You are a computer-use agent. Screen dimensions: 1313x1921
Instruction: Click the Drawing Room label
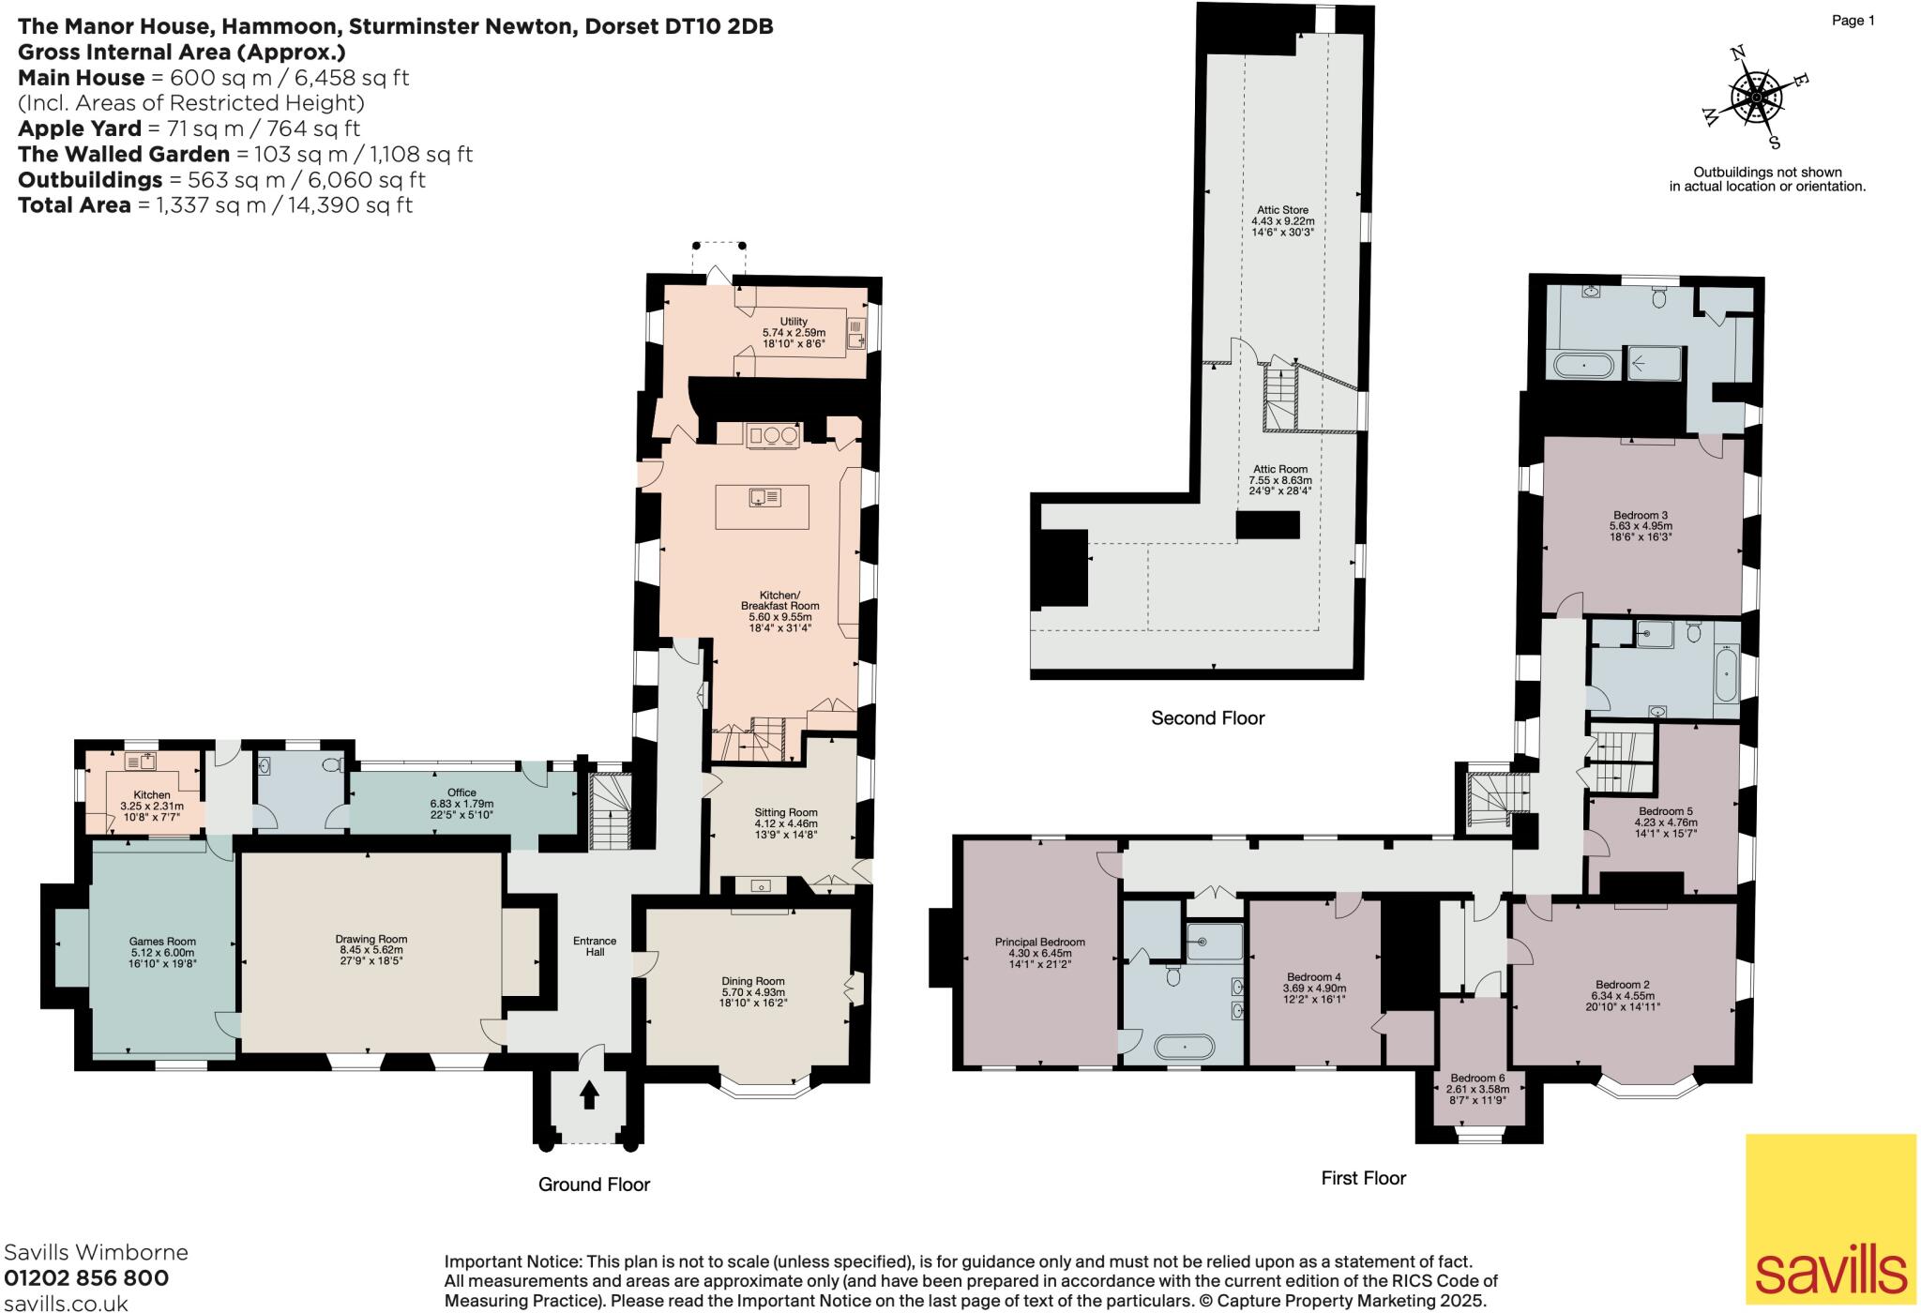coord(371,939)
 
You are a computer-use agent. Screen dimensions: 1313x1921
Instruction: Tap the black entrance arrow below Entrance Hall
coord(590,1095)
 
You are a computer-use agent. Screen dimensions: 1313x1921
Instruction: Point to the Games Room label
coord(162,941)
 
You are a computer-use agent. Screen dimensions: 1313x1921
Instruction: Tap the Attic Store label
coord(1282,210)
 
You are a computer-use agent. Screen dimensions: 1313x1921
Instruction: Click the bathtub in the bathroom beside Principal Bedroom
coord(1184,1046)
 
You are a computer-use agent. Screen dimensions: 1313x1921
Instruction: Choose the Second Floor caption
coord(1208,718)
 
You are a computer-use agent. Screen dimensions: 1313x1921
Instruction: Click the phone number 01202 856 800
coord(87,1278)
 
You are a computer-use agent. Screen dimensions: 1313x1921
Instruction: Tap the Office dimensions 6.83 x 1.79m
coord(461,804)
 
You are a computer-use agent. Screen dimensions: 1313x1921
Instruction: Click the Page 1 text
coord(1853,21)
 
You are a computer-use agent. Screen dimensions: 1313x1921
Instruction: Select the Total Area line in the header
coord(216,205)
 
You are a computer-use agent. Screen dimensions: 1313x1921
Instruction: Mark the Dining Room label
coord(752,981)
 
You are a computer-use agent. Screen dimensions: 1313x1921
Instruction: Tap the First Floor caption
coord(1363,1178)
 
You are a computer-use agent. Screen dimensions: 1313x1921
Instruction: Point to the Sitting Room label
coord(786,812)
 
